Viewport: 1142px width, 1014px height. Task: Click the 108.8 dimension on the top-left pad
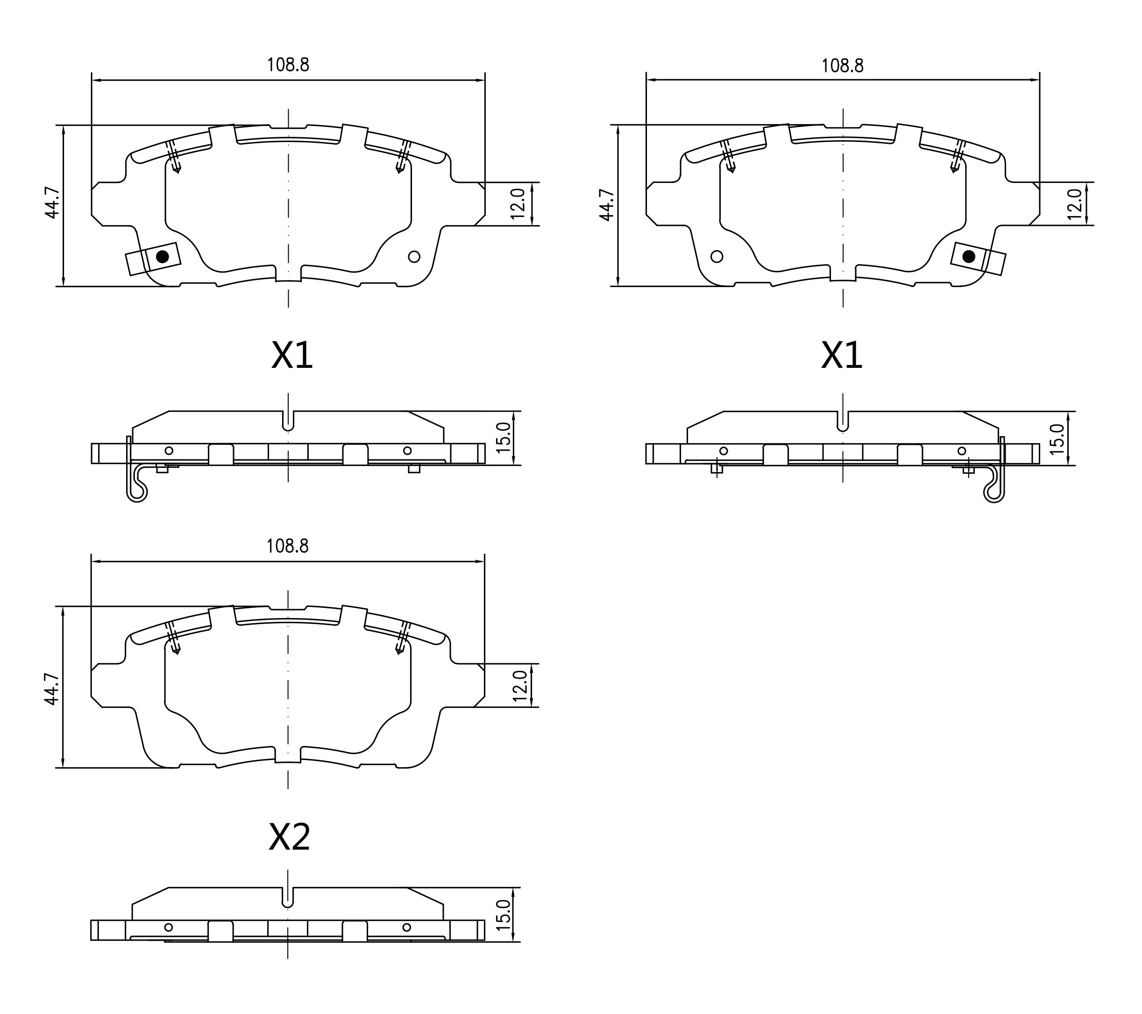pyautogui.click(x=288, y=65)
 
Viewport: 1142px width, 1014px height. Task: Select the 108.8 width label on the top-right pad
pyautogui.click(x=842, y=66)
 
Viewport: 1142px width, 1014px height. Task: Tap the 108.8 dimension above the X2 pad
pyautogui.click(x=287, y=546)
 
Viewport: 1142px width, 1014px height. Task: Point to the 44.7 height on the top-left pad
pyautogui.click(x=51, y=203)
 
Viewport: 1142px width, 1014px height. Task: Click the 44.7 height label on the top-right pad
pyautogui.click(x=606, y=205)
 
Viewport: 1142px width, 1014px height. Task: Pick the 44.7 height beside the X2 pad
pyautogui.click(x=51, y=689)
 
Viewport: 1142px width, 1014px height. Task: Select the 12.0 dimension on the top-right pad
pyautogui.click(x=1074, y=204)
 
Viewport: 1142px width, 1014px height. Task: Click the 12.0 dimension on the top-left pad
pyautogui.click(x=518, y=204)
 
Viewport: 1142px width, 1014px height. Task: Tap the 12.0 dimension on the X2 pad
pyautogui.click(x=519, y=686)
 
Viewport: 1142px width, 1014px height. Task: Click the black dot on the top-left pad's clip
pyautogui.click(x=162, y=257)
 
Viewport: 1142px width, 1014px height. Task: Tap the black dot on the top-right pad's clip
pyautogui.click(x=969, y=257)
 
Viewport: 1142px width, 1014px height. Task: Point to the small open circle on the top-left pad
pyautogui.click(x=414, y=256)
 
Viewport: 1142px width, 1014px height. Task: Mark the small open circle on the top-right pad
pyautogui.click(x=716, y=256)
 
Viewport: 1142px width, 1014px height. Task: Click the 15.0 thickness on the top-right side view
pyautogui.click(x=1057, y=439)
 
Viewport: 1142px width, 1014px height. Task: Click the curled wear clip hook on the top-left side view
pyautogui.click(x=136, y=492)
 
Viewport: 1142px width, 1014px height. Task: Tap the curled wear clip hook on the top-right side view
pyautogui.click(x=994, y=492)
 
